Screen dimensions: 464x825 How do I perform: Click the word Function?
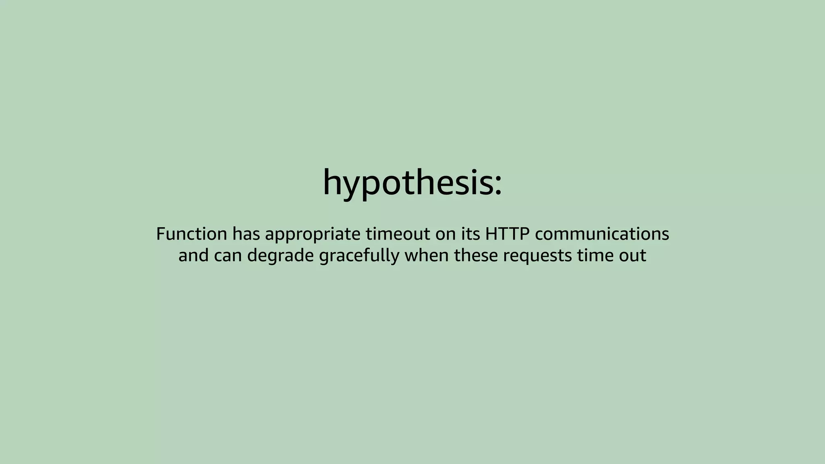coord(191,234)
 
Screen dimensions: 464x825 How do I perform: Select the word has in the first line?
coord(246,234)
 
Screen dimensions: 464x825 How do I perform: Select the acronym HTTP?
coord(507,234)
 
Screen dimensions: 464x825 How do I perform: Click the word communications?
coord(602,234)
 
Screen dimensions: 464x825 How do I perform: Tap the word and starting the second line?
coord(193,255)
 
